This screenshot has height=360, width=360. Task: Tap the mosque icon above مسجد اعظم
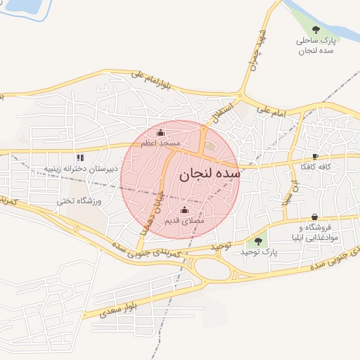(160, 133)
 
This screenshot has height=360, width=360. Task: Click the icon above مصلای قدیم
(185, 210)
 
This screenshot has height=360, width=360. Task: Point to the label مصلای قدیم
(184, 221)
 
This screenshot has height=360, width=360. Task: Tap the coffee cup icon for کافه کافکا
(315, 156)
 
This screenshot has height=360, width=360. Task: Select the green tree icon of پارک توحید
(258, 241)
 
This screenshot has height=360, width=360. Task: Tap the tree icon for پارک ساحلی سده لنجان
(315, 30)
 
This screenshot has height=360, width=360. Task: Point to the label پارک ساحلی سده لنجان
(315, 46)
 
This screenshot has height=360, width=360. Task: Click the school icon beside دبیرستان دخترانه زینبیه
(79, 157)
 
